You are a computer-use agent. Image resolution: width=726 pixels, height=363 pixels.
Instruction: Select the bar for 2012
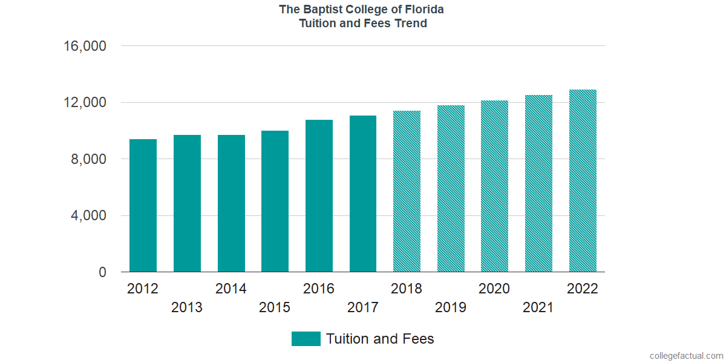[143, 206]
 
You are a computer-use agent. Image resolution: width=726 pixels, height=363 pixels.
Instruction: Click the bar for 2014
[231, 203]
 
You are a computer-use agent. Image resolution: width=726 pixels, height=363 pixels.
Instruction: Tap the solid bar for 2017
[363, 194]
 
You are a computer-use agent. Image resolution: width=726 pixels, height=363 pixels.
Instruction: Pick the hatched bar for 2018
[407, 191]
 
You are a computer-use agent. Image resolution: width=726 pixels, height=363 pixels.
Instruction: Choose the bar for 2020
[494, 186]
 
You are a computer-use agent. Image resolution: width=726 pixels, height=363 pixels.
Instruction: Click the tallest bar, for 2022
[583, 181]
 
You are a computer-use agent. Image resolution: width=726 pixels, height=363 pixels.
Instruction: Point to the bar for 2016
[319, 196]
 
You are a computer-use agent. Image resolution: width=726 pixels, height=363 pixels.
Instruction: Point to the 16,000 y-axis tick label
[85, 46]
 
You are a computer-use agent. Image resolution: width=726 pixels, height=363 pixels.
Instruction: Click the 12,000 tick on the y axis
[85, 103]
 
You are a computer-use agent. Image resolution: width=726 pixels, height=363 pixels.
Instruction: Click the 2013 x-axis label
[187, 307]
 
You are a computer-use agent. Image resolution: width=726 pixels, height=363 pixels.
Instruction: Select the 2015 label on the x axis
[275, 307]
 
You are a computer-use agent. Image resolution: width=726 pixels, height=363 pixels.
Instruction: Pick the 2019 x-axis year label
[451, 307]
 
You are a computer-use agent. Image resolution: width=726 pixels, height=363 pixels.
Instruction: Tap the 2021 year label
[538, 307]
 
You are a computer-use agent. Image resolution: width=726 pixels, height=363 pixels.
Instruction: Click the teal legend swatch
[306, 339]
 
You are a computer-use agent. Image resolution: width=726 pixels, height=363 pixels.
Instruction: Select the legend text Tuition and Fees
[380, 339]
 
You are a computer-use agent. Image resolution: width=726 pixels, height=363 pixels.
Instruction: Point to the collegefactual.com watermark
[686, 356]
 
